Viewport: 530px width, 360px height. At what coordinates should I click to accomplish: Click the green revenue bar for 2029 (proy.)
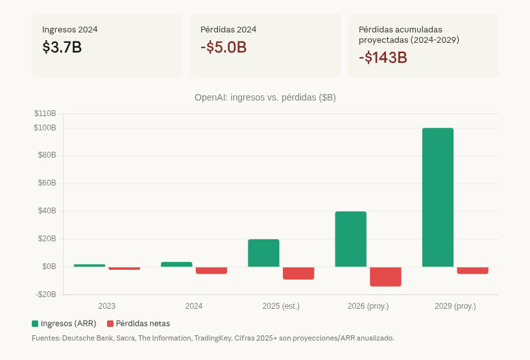point(437,197)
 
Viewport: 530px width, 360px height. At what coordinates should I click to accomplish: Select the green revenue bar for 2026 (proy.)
point(350,239)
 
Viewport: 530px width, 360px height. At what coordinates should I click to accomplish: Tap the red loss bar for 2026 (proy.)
point(385,276)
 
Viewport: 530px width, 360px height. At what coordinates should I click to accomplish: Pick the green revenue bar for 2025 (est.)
point(263,253)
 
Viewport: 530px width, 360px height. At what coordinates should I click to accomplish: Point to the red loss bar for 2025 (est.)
point(298,273)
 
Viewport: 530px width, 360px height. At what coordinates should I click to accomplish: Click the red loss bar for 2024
point(211,270)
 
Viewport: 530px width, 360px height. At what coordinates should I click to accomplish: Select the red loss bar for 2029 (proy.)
point(472,270)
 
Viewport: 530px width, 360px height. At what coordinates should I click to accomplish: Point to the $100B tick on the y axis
point(45,128)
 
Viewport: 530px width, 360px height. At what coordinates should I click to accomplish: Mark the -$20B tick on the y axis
point(45,294)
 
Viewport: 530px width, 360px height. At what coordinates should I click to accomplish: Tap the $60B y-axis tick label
point(45,184)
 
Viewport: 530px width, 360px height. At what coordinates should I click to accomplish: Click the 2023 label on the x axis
point(107,306)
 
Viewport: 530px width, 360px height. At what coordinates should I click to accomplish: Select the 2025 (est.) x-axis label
point(281,306)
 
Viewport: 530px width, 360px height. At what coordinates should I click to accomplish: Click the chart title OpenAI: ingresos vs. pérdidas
point(265,97)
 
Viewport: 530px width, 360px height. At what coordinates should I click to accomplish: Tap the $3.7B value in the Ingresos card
point(62,47)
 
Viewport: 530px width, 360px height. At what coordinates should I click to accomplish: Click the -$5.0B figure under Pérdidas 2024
point(223,47)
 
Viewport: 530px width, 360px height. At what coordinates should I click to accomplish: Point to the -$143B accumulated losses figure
point(383,57)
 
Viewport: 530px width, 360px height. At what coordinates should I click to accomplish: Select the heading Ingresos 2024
point(70,29)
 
